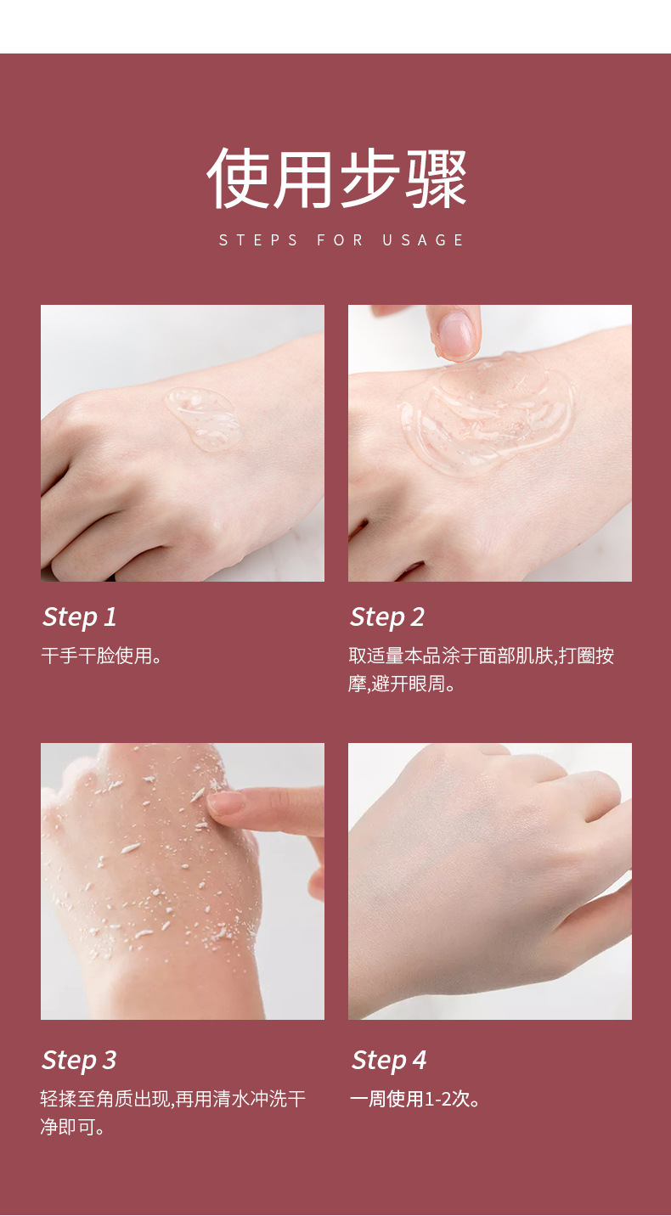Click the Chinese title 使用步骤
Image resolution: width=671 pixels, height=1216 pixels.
click(336, 179)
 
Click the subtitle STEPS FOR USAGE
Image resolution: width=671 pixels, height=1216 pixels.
click(341, 240)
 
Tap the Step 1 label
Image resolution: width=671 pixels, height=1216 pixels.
click(80, 617)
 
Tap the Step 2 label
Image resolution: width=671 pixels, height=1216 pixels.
click(387, 617)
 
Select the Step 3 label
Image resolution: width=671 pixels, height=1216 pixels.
click(80, 1061)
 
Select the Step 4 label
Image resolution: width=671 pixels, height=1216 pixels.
click(389, 1061)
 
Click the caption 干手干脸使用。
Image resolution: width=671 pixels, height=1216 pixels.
click(102, 656)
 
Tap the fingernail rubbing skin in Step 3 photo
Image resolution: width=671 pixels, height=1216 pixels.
click(226, 803)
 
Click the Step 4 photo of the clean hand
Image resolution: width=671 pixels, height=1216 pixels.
click(489, 881)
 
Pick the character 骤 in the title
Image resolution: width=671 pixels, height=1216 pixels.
click(436, 179)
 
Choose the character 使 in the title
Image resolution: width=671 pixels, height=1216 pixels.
click(238, 179)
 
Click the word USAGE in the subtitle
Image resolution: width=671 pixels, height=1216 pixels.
click(423, 240)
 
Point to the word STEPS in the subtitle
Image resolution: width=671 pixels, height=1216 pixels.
click(259, 240)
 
